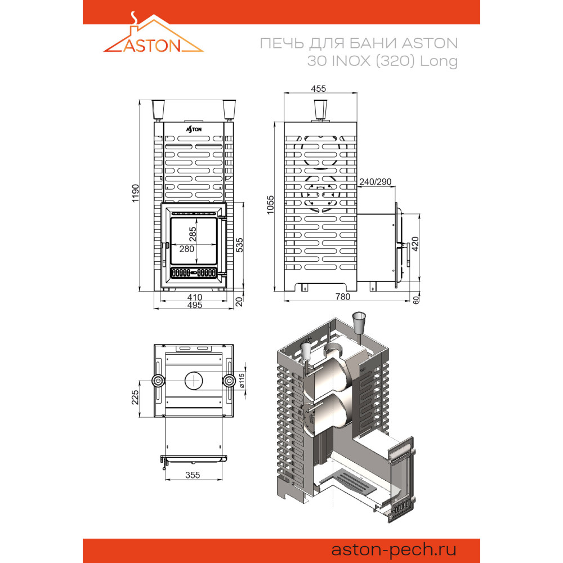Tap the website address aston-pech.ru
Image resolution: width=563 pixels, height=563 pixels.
(x=394, y=549)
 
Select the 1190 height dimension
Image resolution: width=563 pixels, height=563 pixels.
(x=135, y=193)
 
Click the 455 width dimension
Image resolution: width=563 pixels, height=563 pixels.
(x=319, y=88)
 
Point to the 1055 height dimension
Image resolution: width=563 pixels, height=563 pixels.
(x=270, y=205)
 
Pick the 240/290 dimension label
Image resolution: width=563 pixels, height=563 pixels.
(x=375, y=182)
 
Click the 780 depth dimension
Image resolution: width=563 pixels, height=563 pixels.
(x=342, y=297)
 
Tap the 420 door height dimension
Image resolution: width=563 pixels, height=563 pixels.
(x=415, y=244)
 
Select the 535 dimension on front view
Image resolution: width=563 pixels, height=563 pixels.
(x=239, y=245)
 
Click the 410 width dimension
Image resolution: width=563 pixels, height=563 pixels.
(x=195, y=297)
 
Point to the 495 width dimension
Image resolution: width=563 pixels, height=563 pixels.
(x=195, y=305)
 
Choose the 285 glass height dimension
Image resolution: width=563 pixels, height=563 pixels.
(x=193, y=234)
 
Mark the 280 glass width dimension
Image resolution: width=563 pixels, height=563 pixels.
(x=187, y=249)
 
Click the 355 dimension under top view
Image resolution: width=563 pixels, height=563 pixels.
(x=193, y=475)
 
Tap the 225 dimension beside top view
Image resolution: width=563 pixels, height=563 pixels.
(x=135, y=397)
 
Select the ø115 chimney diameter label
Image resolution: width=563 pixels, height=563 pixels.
(x=242, y=381)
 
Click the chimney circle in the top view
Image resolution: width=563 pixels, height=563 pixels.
(x=194, y=372)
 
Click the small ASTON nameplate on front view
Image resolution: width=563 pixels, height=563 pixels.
(x=194, y=129)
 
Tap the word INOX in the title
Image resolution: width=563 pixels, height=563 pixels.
(x=351, y=61)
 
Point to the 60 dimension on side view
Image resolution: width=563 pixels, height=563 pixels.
(x=416, y=300)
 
